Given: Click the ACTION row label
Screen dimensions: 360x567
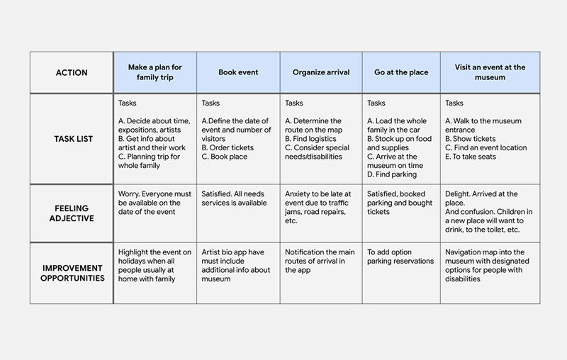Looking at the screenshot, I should pos(71,72).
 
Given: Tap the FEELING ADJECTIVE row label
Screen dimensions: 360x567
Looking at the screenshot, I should pos(71,213).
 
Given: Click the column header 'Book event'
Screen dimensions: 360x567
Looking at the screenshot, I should pos(238,72).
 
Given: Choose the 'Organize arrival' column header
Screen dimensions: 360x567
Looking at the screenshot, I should pos(320,72).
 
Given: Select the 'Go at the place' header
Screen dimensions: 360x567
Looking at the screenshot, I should pos(400,72).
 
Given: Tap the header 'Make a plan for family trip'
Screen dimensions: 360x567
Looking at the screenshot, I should pos(155,72).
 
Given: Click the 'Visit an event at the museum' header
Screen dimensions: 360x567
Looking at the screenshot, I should pos(490,72).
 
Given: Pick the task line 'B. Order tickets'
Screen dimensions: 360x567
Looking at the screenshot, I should pos(228,147).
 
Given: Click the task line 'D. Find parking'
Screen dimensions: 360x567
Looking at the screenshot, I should pos(392,174).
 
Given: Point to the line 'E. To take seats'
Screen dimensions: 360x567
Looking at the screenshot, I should pos(470,157).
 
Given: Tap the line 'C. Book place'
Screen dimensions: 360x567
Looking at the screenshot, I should pos(225,157).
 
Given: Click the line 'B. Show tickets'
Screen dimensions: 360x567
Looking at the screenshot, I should pos(471,139).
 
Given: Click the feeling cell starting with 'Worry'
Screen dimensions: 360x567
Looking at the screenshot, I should pos(155,203).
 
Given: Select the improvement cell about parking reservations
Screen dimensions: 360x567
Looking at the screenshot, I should pos(400,257).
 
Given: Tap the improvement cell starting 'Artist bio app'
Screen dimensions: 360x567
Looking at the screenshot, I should pos(237,265).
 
